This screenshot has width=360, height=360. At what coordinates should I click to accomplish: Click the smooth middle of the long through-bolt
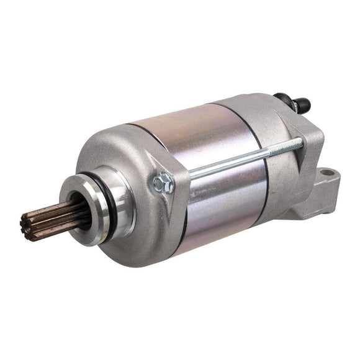click(230, 163)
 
